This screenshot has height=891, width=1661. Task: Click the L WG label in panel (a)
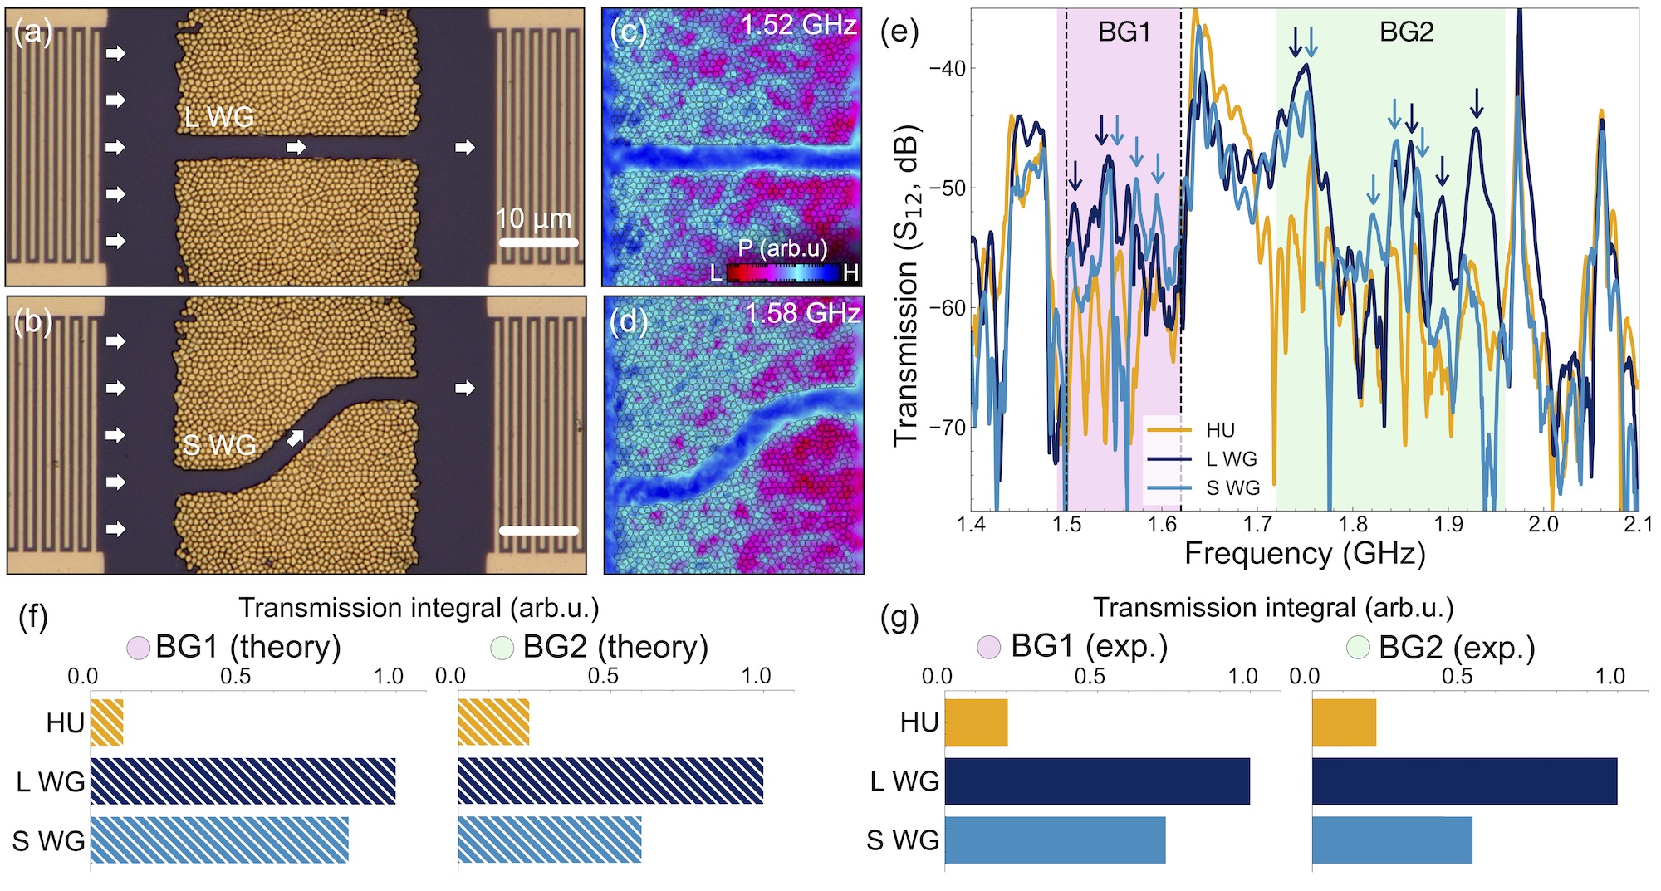[219, 117]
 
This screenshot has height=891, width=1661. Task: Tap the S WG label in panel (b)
[219, 445]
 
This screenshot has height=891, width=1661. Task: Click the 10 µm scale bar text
[534, 218]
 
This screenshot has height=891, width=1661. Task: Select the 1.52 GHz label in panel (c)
[798, 25]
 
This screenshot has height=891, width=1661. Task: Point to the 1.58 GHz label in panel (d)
[802, 313]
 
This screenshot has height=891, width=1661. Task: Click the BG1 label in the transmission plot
[1124, 32]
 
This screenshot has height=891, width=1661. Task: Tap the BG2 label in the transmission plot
[1406, 32]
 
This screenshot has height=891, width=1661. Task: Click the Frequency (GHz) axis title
[1304, 553]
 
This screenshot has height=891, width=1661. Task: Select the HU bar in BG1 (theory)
[107, 722]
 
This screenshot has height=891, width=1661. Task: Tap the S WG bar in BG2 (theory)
[550, 840]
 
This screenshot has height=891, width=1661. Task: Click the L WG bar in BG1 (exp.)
[1097, 781]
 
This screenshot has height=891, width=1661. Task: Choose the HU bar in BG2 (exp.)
[1344, 722]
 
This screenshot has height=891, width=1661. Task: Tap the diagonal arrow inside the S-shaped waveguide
[295, 438]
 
